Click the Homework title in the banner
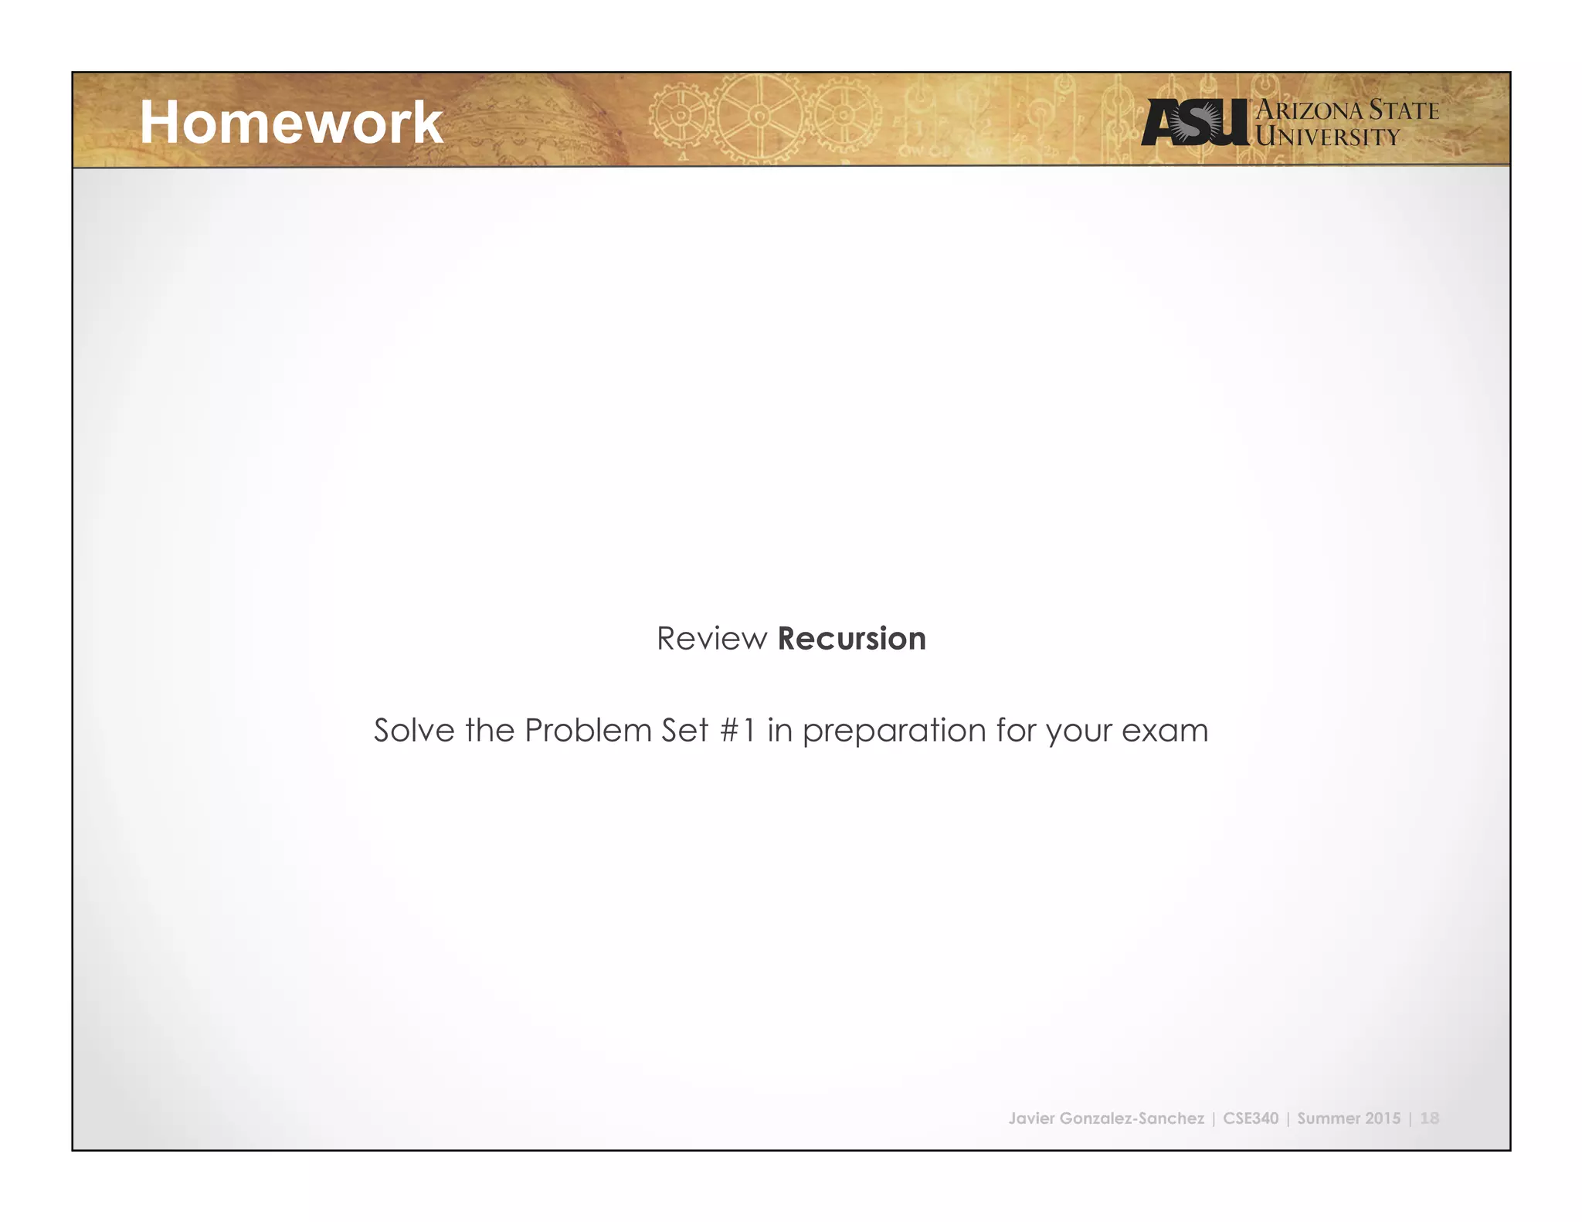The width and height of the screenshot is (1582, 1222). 291,123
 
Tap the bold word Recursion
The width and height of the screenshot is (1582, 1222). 851,639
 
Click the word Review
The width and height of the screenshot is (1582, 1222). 711,639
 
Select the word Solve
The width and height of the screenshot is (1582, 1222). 414,730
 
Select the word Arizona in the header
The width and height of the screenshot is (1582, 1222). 1309,110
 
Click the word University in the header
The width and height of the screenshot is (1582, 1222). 1327,137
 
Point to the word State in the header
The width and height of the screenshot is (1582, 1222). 1404,110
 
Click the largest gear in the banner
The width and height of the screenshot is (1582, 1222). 759,117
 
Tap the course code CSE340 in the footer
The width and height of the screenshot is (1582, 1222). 1251,1118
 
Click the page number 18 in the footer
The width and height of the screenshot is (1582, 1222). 1429,1118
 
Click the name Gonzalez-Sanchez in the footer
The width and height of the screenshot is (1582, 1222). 1132,1118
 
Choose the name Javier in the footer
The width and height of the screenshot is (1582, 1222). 1031,1118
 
